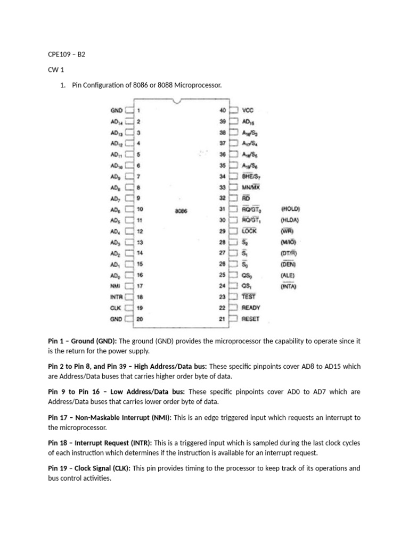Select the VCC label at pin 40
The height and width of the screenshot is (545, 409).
coord(248,111)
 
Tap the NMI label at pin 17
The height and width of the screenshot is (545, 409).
coord(117,286)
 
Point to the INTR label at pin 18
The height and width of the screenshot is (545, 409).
coord(116,297)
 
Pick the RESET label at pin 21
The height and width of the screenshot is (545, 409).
coord(251,319)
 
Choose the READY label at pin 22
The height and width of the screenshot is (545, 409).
coord(251,308)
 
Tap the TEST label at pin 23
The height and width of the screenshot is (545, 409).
coord(248,297)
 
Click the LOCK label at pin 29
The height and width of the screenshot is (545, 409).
coord(249,231)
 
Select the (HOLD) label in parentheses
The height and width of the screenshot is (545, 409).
coord(290,209)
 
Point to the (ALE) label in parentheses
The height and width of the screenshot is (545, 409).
coord(288,275)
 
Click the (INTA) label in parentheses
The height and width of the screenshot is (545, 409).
coord(289,286)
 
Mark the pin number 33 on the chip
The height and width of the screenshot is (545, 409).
coord(223,187)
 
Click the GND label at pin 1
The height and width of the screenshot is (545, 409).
coord(116,111)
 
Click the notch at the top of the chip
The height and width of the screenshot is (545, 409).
coord(182,101)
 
